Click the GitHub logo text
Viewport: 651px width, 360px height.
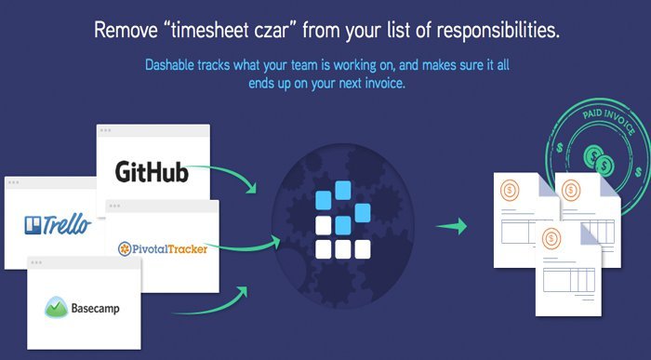pos(153,173)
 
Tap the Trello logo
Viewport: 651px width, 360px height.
pos(58,224)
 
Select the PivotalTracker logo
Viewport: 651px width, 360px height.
pos(163,248)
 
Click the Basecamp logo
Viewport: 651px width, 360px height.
pos(86,306)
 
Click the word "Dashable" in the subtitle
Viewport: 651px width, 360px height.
pos(173,66)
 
